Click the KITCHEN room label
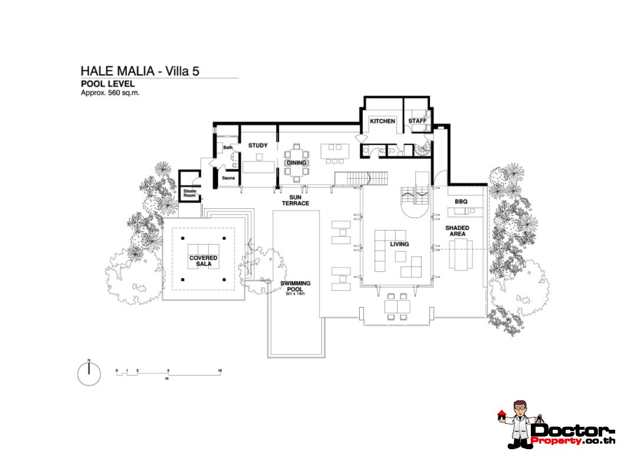(382, 121)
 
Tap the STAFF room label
(418, 121)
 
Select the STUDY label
(258, 145)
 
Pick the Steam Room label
(189, 193)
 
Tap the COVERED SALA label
(203, 261)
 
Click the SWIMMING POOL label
(295, 286)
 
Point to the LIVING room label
(399, 244)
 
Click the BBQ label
(461, 202)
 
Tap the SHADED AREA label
(457, 230)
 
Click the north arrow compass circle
(89, 374)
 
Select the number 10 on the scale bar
(219, 370)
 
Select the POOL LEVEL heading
(104, 84)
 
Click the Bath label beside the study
(227, 147)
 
